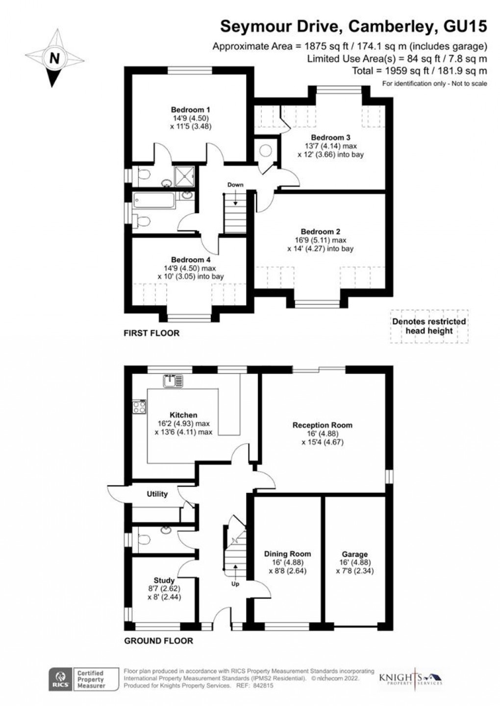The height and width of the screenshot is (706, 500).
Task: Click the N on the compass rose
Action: click(x=54, y=58)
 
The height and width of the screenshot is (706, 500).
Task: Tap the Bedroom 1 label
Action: click(x=191, y=110)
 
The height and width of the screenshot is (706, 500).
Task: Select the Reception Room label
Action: click(x=322, y=425)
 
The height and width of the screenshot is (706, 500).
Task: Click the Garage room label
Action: click(x=355, y=554)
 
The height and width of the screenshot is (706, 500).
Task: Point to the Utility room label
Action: click(x=157, y=494)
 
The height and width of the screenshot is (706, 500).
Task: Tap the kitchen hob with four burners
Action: click(x=139, y=407)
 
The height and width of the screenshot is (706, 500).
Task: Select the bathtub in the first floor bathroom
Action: click(x=153, y=200)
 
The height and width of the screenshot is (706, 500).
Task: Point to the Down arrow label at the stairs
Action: click(x=235, y=185)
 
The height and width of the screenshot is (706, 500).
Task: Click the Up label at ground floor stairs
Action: click(x=235, y=584)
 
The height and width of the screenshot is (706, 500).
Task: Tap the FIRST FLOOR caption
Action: click(x=151, y=333)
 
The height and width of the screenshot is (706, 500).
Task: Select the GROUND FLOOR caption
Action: click(x=158, y=640)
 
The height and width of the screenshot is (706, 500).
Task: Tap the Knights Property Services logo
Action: click(x=411, y=679)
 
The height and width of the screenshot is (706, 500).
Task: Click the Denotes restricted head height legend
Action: click(x=429, y=326)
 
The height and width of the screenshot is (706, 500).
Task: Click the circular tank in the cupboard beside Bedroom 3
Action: click(x=266, y=151)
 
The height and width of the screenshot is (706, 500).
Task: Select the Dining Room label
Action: click(x=287, y=554)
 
